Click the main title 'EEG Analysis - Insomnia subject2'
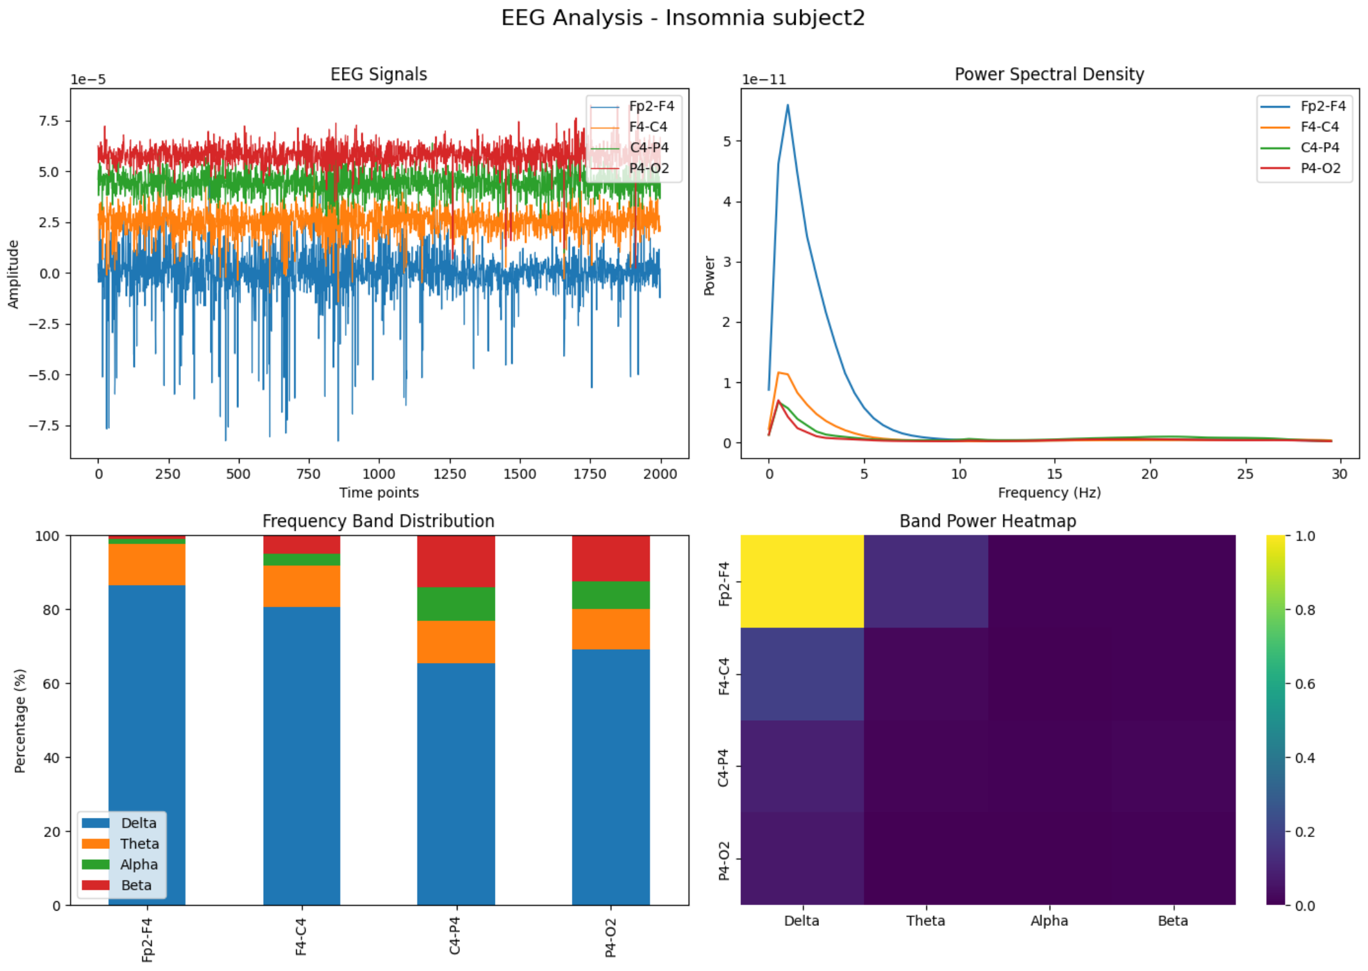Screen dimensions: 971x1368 pyautogui.click(x=683, y=18)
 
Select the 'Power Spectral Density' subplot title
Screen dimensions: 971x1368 pyautogui.click(x=1049, y=74)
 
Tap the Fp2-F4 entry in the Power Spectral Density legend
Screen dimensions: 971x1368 pyautogui.click(x=1322, y=106)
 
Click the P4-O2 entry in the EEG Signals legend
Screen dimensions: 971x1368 pyautogui.click(x=648, y=168)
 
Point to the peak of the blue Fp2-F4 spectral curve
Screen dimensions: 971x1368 pyautogui.click(x=788, y=105)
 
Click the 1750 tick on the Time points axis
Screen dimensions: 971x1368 pyautogui.click(x=590, y=474)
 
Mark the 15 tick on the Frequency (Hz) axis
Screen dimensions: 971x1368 pyautogui.click(x=1055, y=474)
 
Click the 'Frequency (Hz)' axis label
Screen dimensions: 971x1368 pyautogui.click(x=1049, y=493)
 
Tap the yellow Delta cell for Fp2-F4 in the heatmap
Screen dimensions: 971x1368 pyautogui.click(x=802, y=581)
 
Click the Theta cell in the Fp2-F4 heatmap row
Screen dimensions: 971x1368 pyautogui.click(x=926, y=581)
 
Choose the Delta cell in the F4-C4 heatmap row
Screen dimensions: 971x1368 pyautogui.click(x=802, y=674)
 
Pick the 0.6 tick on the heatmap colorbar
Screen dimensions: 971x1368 pyautogui.click(x=1305, y=684)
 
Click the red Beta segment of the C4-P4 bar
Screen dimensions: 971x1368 pyautogui.click(x=456, y=561)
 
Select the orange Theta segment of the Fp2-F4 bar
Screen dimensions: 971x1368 pyautogui.click(x=147, y=564)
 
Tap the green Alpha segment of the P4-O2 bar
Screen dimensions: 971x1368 pyautogui.click(x=611, y=595)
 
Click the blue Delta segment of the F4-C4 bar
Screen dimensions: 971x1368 pyautogui.click(x=301, y=756)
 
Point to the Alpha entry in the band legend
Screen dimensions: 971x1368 pyautogui.click(x=139, y=864)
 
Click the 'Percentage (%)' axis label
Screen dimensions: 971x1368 pyautogui.click(x=20, y=720)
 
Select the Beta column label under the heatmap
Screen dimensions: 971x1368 pyautogui.click(x=1172, y=921)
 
